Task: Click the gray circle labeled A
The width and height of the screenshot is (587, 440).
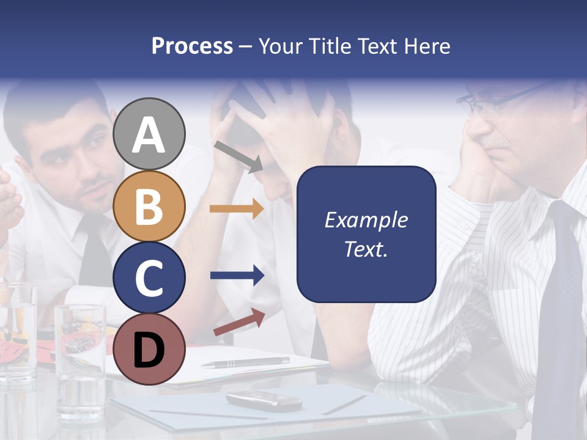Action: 149,134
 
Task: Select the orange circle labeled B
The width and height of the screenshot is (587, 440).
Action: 149,207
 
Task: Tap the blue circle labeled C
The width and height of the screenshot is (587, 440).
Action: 149,277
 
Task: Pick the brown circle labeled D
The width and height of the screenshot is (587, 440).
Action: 149,349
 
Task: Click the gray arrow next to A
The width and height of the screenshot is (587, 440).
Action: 238,156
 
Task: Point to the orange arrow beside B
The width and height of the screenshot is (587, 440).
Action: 237,208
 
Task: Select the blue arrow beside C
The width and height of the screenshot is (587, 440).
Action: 237,276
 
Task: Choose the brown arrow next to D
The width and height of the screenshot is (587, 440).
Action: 239,322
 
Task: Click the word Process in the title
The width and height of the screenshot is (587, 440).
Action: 192,46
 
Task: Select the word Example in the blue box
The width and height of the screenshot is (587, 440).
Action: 366,220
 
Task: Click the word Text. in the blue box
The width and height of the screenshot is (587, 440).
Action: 366,249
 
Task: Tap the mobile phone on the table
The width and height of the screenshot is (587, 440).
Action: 264,400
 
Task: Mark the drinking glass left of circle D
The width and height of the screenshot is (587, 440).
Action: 80,361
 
